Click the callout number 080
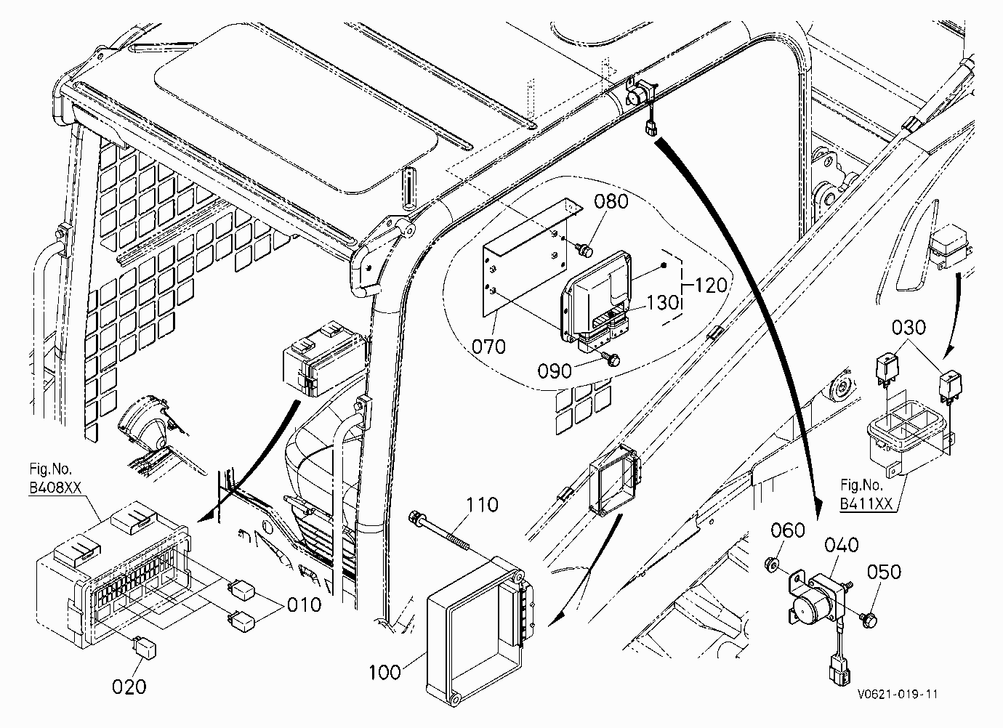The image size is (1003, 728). tap(611, 201)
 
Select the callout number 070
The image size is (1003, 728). tap(488, 347)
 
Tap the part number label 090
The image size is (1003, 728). tap(555, 371)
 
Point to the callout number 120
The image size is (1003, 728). tap(711, 286)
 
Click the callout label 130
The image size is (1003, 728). tap(662, 303)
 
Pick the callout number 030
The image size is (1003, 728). tap(909, 328)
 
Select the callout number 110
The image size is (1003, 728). tap(483, 504)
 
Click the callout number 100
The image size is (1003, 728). tap(385, 672)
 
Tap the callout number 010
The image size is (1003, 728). tap(305, 605)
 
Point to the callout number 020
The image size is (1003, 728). tap(129, 687)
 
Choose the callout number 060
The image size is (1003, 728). tap(788, 531)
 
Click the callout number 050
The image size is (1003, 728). tap(885, 572)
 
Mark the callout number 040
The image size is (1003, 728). tap(842, 545)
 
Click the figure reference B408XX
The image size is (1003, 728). tap(55, 487)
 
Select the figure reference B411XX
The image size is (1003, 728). tap(866, 503)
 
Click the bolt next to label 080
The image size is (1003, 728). tap(585, 249)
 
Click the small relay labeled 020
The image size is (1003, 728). tap(145, 647)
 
